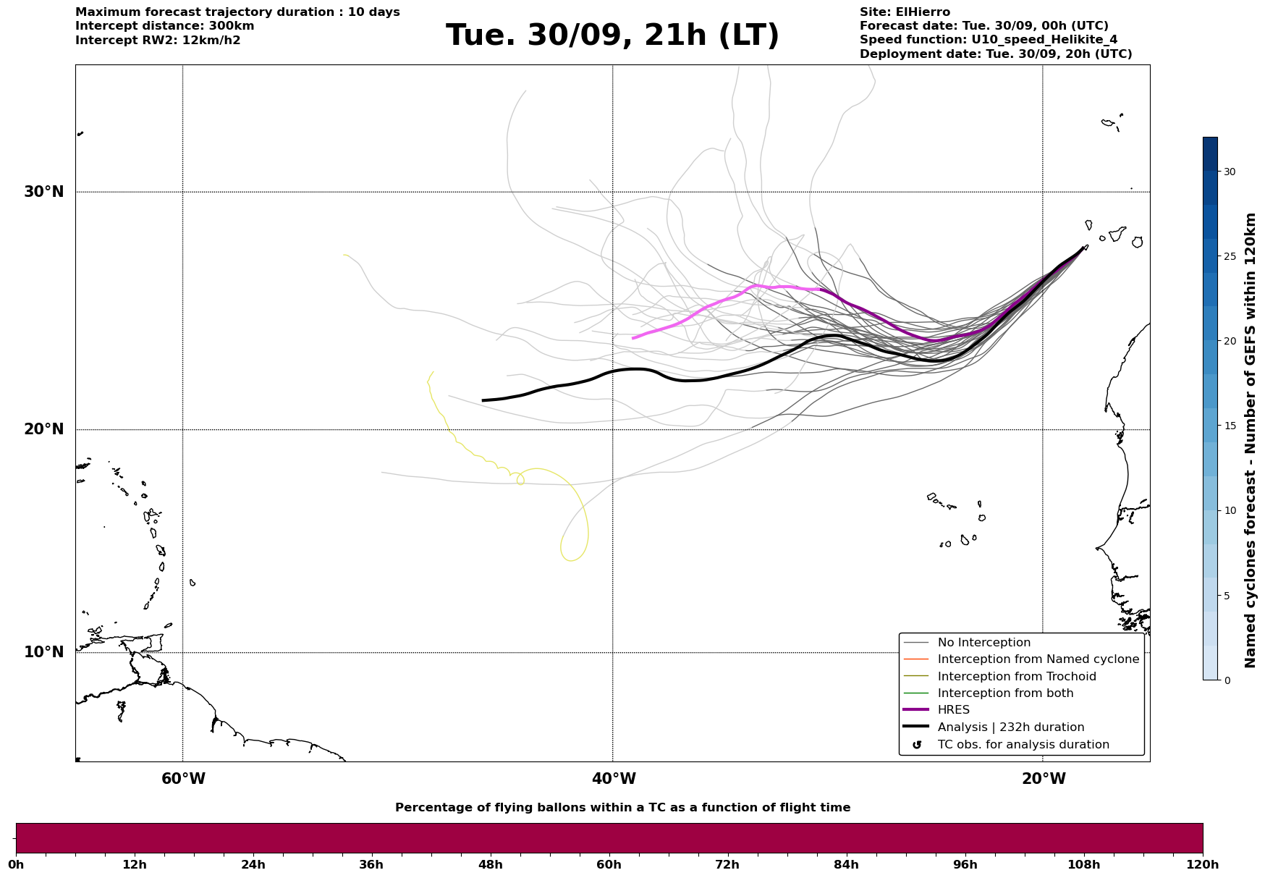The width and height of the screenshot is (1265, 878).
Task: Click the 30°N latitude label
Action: pos(43,192)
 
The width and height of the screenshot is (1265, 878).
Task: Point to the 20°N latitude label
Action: pos(43,429)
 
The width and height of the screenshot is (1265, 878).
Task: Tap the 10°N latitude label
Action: pos(43,652)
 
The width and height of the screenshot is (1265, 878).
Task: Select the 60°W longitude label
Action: pos(183,779)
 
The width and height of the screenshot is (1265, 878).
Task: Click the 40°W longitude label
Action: pos(613,779)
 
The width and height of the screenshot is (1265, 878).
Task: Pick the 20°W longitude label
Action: pos(1043,779)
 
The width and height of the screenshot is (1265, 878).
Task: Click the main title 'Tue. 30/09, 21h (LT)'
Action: pos(612,35)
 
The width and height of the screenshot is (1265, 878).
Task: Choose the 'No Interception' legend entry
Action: pos(983,643)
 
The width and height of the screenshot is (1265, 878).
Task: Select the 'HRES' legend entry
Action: pos(953,710)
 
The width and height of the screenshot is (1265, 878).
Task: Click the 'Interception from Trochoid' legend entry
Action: pos(1016,677)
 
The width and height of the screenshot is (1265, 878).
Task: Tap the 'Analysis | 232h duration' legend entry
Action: pos(1010,727)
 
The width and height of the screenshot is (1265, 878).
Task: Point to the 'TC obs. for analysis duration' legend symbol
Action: pos(917,745)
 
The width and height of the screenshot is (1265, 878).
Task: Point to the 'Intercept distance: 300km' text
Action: pos(164,26)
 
